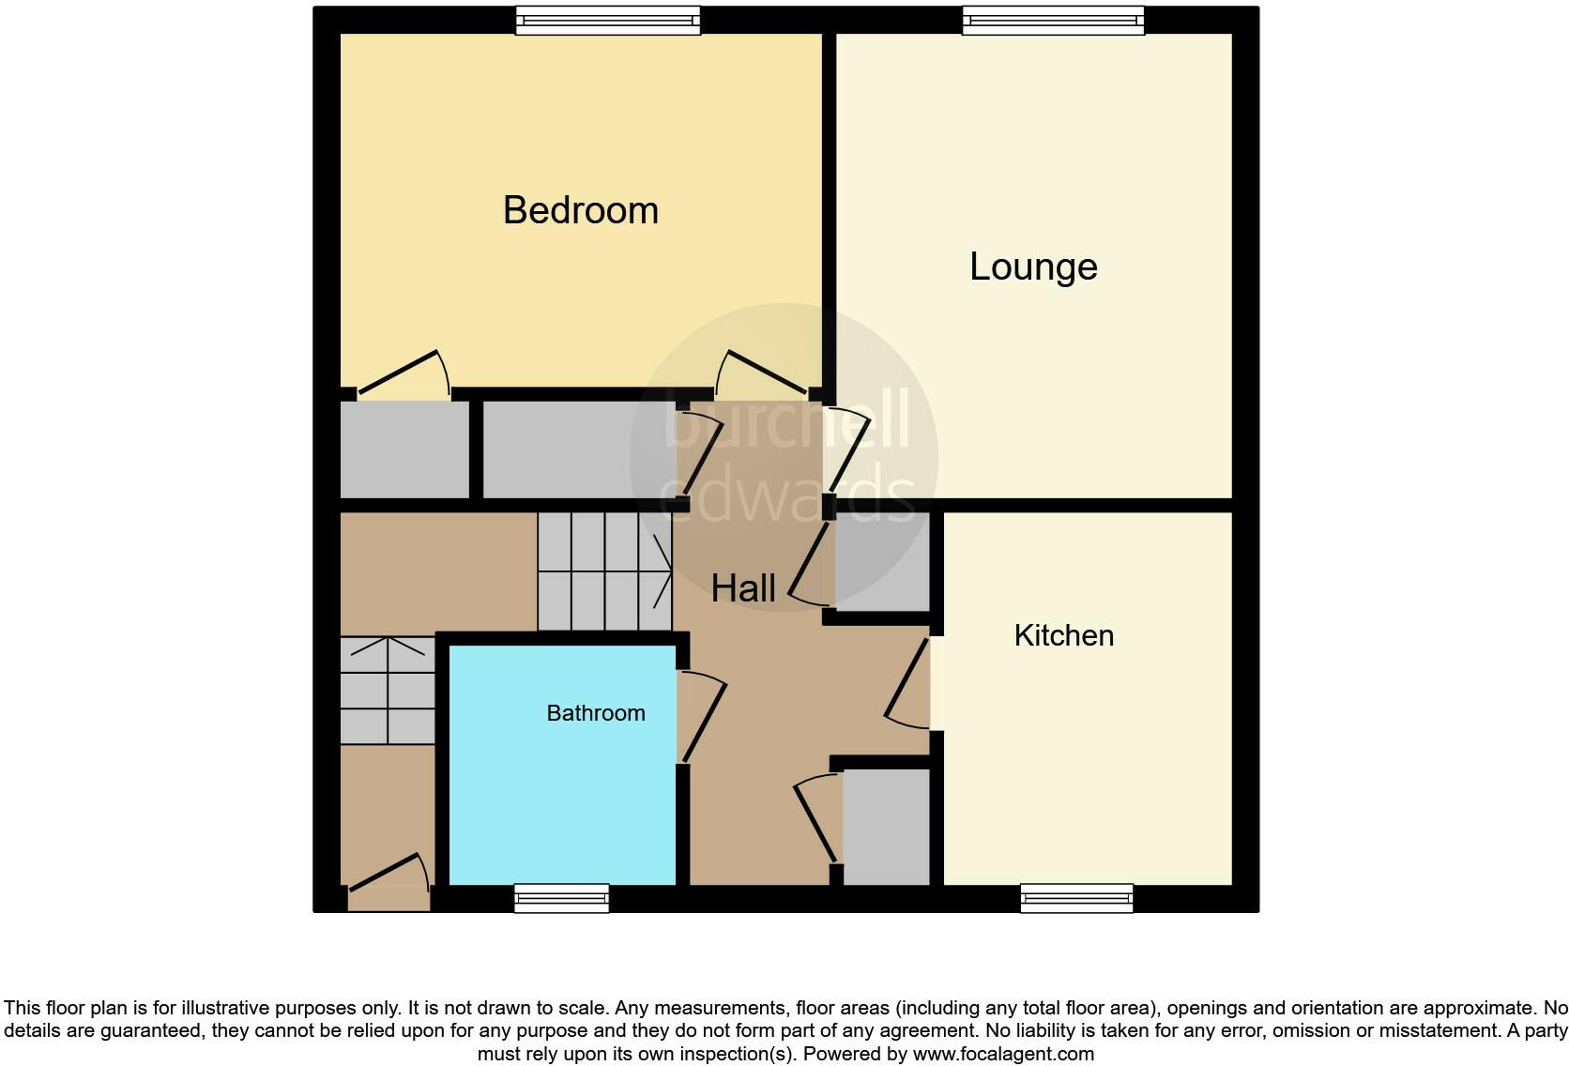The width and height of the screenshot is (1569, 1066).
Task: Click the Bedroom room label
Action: click(580, 210)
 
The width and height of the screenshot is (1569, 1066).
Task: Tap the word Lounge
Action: click(1033, 267)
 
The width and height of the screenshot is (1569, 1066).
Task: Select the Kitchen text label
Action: click(1063, 636)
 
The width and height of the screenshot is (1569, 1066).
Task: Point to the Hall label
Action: click(742, 589)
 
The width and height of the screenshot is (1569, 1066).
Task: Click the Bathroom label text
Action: click(595, 713)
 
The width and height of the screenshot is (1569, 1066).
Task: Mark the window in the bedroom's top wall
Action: click(608, 20)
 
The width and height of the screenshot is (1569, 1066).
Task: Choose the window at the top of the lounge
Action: click(1053, 20)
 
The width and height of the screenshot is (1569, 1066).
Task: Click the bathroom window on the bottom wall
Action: click(561, 899)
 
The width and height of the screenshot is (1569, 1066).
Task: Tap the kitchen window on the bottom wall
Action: click(1076, 899)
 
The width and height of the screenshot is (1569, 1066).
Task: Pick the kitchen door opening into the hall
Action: click(907, 683)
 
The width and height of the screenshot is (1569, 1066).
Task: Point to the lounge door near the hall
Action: click(848, 450)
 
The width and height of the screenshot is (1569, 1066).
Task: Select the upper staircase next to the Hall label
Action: click(604, 571)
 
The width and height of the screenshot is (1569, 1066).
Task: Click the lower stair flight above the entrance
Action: click(387, 691)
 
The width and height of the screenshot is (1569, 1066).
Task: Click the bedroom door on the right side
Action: click(760, 373)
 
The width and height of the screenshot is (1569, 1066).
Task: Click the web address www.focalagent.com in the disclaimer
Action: click(1003, 1054)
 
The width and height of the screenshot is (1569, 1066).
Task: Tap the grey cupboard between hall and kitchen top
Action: click(880, 561)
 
